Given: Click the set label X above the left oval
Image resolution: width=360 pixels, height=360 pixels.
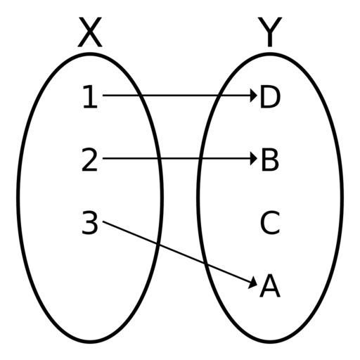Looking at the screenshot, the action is tap(90, 32).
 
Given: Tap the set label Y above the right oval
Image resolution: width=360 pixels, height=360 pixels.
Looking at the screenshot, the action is tap(270, 32).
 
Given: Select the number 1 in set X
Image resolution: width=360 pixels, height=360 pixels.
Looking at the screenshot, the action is tap(91, 97).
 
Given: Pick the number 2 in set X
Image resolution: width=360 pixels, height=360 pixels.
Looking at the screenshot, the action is tap(89, 160).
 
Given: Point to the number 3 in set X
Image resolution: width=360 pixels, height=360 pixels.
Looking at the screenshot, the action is tap(90, 222).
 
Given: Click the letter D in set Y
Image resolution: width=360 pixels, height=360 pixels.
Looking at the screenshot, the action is tap(270, 97).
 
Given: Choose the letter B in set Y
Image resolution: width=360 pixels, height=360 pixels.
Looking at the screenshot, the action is tap(270, 160).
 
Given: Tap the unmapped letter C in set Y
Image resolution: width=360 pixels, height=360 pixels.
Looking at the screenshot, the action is tap(270, 222).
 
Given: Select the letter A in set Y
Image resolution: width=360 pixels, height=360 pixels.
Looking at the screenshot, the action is tap(270, 285).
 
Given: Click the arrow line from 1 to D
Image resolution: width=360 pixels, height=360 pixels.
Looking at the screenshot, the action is tap(180, 96).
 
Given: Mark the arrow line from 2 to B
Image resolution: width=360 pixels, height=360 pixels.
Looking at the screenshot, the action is tap(180, 159).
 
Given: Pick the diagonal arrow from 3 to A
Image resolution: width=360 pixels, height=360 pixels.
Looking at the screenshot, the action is tap(180, 253).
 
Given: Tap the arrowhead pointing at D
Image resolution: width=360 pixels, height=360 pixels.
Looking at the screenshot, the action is tap(254, 96).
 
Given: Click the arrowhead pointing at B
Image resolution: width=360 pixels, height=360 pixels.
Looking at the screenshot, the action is tap(254, 159).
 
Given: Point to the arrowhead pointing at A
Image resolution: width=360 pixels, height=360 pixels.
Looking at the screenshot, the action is tap(253, 283).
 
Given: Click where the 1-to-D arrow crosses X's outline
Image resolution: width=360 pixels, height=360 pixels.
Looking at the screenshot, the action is tap(139, 96).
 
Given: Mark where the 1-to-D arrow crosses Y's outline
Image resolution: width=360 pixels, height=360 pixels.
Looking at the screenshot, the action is tap(219, 96).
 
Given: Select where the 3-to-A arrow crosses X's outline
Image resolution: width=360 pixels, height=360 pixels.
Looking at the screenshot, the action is tap(157, 244).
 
